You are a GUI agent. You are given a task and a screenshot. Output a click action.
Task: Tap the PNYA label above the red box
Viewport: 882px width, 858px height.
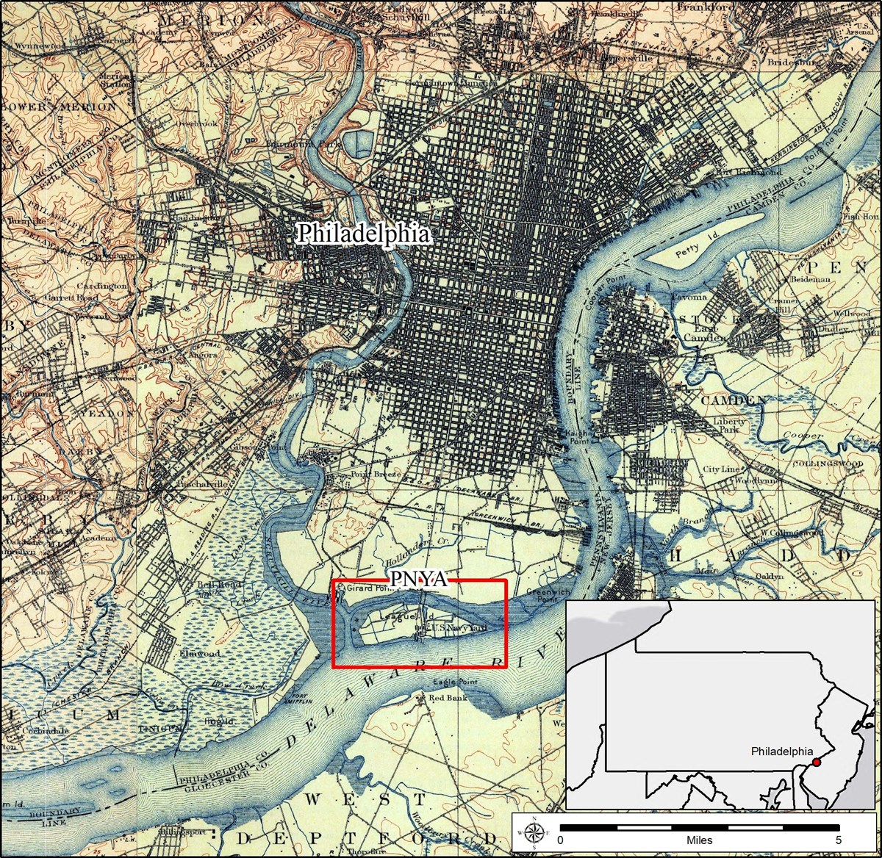pyautogui.click(x=418, y=579)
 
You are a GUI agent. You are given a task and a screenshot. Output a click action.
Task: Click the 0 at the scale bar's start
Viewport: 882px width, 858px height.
pyautogui.click(x=560, y=840)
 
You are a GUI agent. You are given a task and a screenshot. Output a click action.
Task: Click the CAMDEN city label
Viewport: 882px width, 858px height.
pyautogui.click(x=734, y=400)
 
